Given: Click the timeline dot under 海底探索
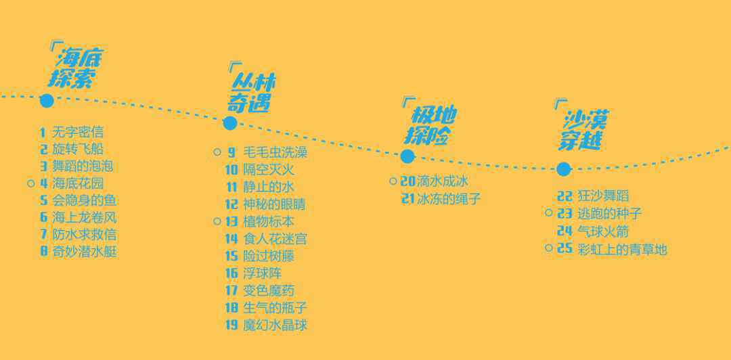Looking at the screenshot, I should tap(47, 101).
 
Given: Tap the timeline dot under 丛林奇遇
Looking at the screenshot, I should tap(229, 123).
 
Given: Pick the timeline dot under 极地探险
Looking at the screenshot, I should tap(407, 156).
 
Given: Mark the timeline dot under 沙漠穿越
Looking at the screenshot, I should tap(563, 169).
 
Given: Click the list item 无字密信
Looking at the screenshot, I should tap(78, 132).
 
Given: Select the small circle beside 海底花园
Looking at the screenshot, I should tap(30, 183).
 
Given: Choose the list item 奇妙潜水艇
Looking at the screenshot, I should tap(85, 252).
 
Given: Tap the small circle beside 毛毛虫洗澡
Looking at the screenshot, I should tap(217, 152).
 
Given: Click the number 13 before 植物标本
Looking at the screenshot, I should tap(231, 221).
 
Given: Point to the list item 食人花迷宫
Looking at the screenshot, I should tap(275, 239).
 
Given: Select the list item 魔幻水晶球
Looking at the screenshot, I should tap(275, 325).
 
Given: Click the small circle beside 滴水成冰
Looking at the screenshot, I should tap(393, 181).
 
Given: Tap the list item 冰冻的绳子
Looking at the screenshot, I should tap(449, 199).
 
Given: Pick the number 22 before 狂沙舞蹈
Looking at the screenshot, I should tap(564, 196).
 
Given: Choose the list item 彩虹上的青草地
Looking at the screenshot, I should tap(622, 249).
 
